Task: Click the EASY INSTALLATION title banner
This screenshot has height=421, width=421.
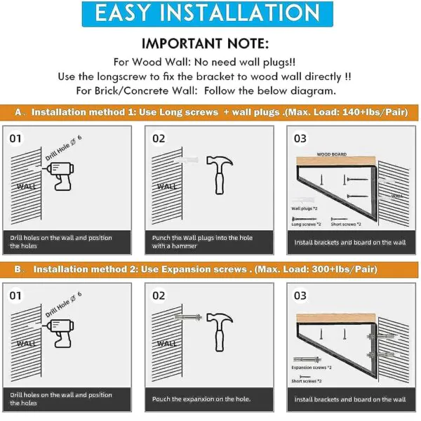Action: [207, 14]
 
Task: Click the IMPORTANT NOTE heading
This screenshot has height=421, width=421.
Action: [205, 44]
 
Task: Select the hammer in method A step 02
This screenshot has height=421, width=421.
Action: [220, 175]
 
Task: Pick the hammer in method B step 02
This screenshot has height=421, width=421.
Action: [220, 332]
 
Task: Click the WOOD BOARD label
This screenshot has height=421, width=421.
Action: [332, 154]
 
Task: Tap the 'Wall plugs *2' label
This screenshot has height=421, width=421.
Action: [305, 208]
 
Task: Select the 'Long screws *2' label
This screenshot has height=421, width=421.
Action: [306, 225]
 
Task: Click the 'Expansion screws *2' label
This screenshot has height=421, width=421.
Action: [312, 367]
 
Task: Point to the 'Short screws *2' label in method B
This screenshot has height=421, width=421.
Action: [307, 381]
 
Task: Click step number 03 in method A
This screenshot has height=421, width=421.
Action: [300, 138]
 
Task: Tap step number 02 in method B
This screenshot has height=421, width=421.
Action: [159, 295]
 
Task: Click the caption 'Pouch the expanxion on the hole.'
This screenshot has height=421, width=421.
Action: [201, 399]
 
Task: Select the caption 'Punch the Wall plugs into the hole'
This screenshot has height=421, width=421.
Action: [202, 238]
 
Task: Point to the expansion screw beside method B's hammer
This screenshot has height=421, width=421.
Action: [188, 317]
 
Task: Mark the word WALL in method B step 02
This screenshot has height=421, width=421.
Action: [167, 343]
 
